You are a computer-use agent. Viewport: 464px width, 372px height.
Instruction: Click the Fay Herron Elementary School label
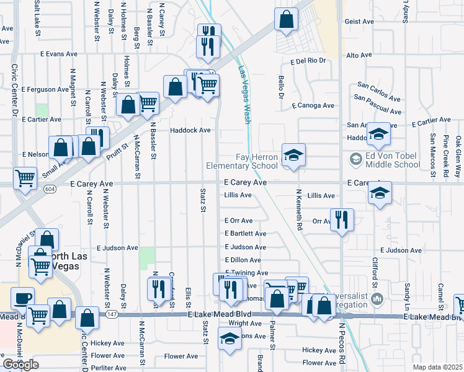click(247, 161)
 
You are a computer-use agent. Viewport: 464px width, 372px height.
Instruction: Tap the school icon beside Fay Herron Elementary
click(293, 154)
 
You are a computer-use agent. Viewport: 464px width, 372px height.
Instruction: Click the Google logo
click(20, 365)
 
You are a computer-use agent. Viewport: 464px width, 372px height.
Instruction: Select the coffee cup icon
click(22, 298)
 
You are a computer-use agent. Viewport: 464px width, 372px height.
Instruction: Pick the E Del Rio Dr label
click(308, 61)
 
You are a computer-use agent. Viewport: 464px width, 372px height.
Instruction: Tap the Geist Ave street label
click(359, 22)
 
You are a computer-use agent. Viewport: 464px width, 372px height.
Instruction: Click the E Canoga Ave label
click(313, 105)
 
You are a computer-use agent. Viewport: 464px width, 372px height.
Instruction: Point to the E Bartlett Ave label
click(246, 234)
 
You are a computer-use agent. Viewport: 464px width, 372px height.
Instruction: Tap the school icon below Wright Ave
click(230, 338)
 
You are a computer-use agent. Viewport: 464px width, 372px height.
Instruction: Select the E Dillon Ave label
click(246, 260)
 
